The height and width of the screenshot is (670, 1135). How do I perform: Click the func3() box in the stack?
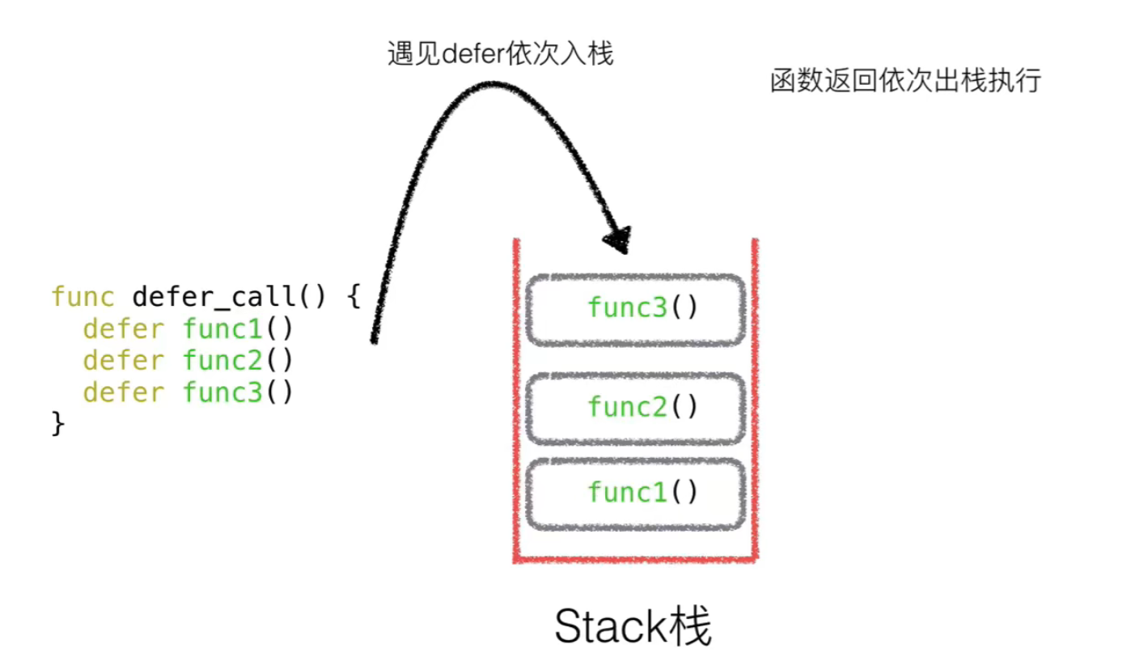635,308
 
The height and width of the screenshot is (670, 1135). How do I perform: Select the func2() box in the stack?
635,406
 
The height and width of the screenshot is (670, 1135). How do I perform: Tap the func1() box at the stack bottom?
635,492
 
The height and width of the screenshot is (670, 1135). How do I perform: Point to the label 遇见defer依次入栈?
500,54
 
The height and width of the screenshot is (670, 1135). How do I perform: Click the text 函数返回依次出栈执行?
904,82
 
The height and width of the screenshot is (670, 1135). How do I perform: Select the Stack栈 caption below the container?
633,627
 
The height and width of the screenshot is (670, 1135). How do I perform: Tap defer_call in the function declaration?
212,296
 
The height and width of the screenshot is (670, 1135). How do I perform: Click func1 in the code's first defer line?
222,329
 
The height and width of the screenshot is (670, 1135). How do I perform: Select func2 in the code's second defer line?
222,360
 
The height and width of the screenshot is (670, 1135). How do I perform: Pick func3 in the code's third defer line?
222,392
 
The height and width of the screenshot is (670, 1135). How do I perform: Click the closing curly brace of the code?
57,424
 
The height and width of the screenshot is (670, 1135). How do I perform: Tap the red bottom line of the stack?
635,559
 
